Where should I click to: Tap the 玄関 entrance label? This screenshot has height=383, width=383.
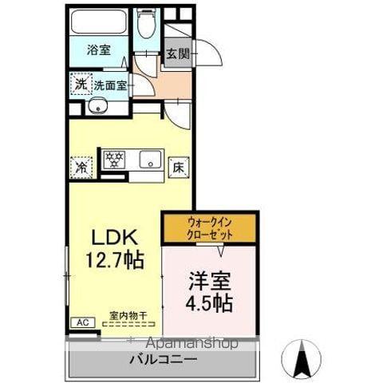pyautogui.click(x=177, y=55)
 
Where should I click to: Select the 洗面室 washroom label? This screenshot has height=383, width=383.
pyautogui.click(x=110, y=85)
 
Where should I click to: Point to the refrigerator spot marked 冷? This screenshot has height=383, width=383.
pyautogui.click(x=81, y=167)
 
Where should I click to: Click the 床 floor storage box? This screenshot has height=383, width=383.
pyautogui.click(x=178, y=167)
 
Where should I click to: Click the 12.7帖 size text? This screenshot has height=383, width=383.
pyautogui.click(x=116, y=259)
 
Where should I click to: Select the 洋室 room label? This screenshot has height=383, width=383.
pyautogui.click(x=210, y=282)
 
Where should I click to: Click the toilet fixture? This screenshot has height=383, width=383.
pyautogui.click(x=146, y=28)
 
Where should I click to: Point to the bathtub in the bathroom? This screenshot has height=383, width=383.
pyautogui.click(x=99, y=24)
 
